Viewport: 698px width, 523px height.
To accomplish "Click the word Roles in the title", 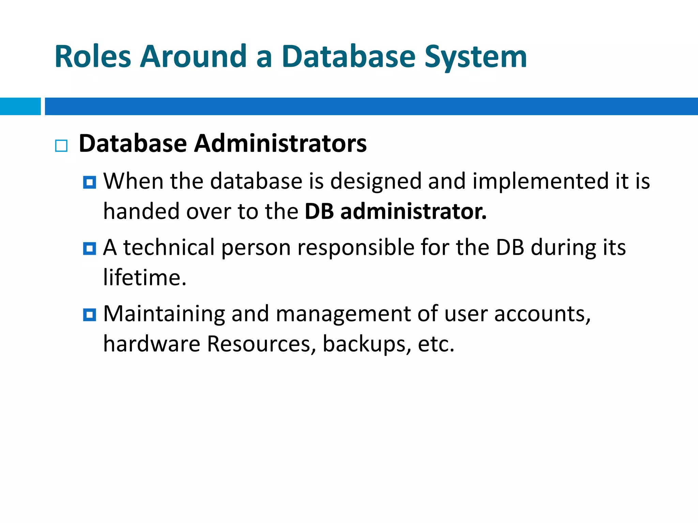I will point(93,57).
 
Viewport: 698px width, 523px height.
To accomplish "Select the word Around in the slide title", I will point(193,57).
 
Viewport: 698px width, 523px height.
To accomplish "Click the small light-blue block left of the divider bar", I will point(20,106).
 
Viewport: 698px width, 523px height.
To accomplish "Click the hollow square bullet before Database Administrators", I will point(61,146).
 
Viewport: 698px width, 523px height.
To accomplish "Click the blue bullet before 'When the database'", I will point(90,183).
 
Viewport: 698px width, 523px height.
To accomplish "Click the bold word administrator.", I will point(413,211).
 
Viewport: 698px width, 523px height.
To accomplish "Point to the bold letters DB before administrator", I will point(319,211).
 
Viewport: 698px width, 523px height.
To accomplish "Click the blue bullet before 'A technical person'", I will point(90,249).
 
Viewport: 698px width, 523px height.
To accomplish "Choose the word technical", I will point(169,247).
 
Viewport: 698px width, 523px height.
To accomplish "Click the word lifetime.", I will point(145,278).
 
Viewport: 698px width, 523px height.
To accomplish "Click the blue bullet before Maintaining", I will point(90,315).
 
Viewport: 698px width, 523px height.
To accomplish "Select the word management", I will point(343,314).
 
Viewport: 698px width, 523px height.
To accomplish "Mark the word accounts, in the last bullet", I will point(542,314).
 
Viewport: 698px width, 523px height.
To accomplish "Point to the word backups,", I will point(367,344).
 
